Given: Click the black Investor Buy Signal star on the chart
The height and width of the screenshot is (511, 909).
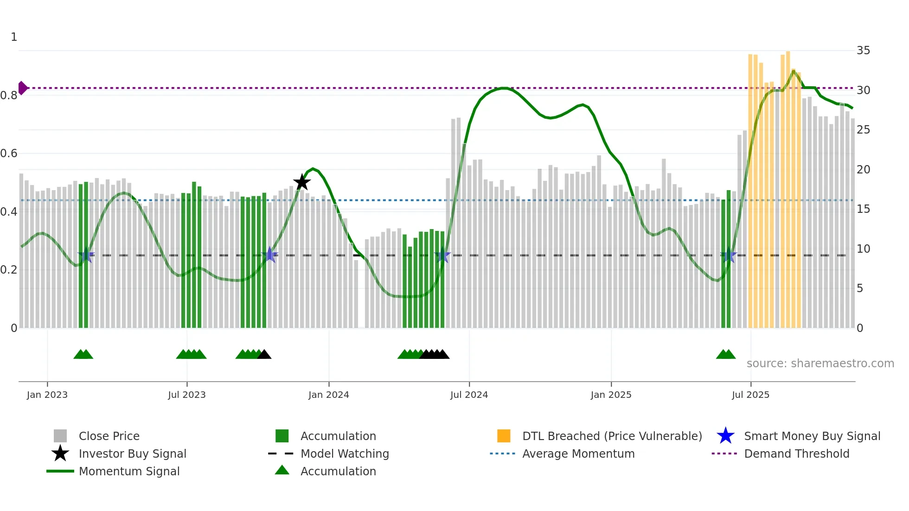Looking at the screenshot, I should coord(302,182).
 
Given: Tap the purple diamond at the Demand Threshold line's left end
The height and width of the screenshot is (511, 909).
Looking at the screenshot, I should coord(22,88).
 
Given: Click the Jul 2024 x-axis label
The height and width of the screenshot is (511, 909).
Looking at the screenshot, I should coord(469,395).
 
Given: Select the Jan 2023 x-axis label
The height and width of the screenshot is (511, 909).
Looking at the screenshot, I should coord(47,395).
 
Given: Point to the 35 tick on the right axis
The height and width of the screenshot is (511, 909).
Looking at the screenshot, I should coord(863,51).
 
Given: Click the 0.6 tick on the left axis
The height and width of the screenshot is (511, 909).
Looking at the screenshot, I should coord(9,153).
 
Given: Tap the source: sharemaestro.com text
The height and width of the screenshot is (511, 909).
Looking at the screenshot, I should coord(820,363).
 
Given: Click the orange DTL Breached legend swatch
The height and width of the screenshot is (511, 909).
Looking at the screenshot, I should coord(504,436).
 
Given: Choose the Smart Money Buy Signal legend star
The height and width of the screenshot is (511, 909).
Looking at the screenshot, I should coord(725,436).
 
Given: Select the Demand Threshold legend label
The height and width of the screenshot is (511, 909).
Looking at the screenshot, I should coord(796,454).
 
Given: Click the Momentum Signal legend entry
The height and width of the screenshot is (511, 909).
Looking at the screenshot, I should coord(129,471).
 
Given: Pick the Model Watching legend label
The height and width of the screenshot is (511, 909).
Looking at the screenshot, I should coord(345,454).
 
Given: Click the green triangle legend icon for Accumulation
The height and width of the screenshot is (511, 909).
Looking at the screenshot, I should coord(282,470).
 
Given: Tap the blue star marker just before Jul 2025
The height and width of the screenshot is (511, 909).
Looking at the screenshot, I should coord(729,255).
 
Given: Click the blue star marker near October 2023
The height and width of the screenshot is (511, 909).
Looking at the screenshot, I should coord(269,255).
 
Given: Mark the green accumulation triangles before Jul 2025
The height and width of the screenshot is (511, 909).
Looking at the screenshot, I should coord(726,355).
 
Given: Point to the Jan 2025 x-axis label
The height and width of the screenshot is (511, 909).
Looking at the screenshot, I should coord(611,395).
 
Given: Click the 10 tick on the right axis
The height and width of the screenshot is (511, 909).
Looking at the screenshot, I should coord(863,249).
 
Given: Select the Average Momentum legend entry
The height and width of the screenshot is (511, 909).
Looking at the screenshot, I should coord(578,454).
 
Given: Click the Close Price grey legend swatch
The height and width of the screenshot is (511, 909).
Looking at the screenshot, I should coord(60,436).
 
